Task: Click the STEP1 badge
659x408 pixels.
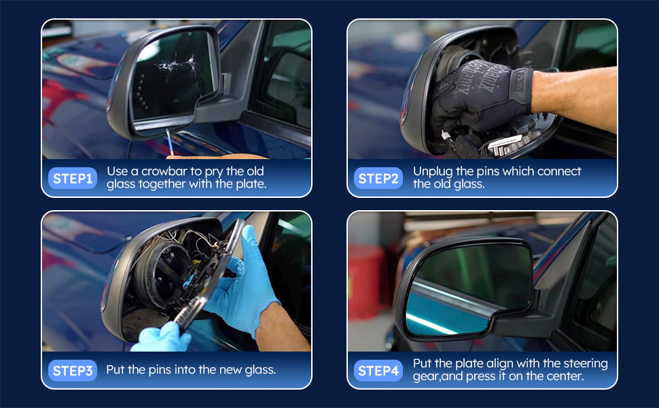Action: tap(72, 178)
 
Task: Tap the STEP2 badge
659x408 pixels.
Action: tap(378, 178)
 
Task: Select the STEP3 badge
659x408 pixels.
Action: tap(72, 371)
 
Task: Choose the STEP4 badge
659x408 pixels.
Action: tap(378, 371)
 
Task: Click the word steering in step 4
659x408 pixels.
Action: tap(586, 363)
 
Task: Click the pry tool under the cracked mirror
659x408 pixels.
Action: tap(169, 142)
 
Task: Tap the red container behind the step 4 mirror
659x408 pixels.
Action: tap(366, 282)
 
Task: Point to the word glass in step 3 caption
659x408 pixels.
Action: tap(260, 370)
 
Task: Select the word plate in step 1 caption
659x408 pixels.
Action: tap(250, 184)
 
